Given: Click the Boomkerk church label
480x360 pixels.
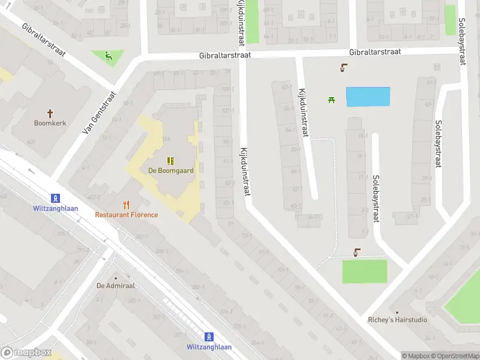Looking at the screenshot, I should [x=50, y=123].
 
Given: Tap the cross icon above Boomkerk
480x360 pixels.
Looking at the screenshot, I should [x=50, y=113].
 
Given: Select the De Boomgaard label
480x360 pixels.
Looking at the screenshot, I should [x=171, y=170].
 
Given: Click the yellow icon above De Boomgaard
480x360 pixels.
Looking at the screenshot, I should [x=171, y=160].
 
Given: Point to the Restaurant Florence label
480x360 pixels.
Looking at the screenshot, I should [x=127, y=215].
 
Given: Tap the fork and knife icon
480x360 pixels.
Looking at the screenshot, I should [x=126, y=205].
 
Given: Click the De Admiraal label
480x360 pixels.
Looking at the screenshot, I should [x=116, y=286].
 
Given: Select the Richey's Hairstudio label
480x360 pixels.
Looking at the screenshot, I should [x=398, y=320].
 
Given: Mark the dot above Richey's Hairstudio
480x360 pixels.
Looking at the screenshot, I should [x=397, y=312].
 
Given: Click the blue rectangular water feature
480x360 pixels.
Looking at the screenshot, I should [x=368, y=97].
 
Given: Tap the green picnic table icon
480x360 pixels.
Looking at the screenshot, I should [x=331, y=100].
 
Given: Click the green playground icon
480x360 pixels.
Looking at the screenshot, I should [x=108, y=57].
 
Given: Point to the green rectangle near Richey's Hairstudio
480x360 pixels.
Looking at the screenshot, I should [x=365, y=271].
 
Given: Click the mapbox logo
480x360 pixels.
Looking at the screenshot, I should [x=26, y=352].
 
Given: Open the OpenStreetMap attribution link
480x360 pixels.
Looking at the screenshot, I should [x=455, y=356].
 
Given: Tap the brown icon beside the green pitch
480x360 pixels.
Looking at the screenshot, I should [x=357, y=253].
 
